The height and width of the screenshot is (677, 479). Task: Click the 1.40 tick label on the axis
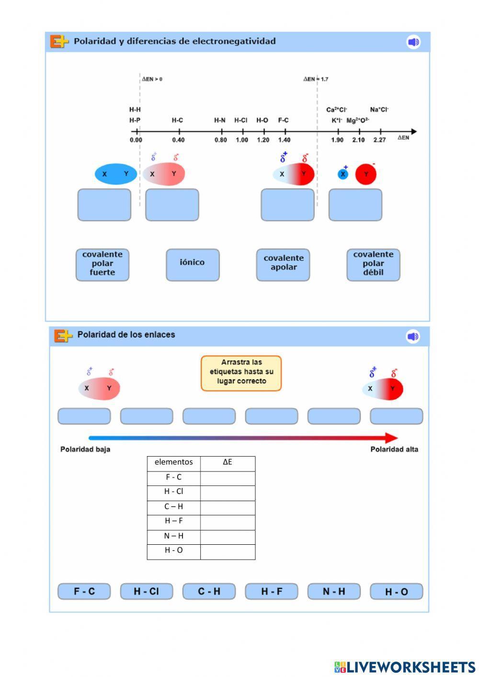pos(284,140)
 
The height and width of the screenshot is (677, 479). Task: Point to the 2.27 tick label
pos(379,140)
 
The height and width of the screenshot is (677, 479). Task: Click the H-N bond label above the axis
pos(219,120)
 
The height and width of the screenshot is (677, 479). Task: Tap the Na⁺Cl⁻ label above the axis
pos(379,110)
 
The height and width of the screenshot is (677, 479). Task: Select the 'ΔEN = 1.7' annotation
pos(316,79)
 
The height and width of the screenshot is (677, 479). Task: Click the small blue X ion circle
pos(343,174)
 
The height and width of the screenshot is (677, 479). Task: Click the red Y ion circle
pos(366,174)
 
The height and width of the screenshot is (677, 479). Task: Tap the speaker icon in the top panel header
pos(413,42)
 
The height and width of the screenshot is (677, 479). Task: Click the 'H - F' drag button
pos(272,591)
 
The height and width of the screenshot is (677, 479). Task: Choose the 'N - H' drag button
pos(334,591)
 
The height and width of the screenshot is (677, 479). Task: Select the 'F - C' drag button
pos(84,591)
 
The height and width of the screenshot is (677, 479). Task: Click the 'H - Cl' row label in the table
pos(173,492)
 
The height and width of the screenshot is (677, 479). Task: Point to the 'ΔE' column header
pos(228,462)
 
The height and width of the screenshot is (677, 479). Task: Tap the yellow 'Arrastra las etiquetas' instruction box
pos(241,373)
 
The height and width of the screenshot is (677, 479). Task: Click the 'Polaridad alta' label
pos(394,449)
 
